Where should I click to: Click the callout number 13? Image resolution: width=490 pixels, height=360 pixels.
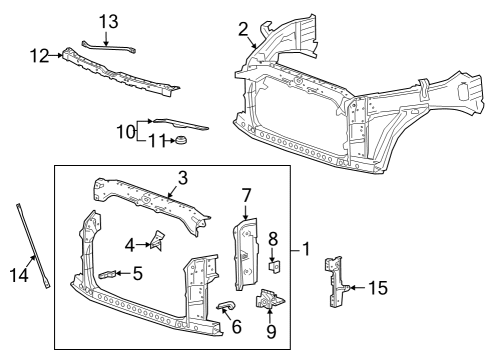(108, 21)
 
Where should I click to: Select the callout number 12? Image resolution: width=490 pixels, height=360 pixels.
(38, 56)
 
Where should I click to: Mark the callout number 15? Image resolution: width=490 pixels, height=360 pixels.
(375, 288)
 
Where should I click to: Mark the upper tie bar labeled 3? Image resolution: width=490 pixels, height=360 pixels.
(150, 199)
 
